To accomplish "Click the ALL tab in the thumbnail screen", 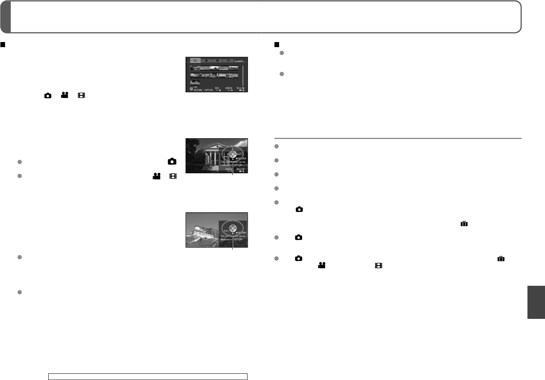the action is (195, 60).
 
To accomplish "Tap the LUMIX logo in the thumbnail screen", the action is (239, 61).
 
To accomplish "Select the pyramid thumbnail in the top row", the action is (214, 68).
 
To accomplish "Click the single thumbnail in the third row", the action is (195, 83).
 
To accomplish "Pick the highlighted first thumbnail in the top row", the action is (195, 68).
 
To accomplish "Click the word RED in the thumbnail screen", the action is (217, 88).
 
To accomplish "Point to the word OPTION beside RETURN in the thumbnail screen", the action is (209, 90).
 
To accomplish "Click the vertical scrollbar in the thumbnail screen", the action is (243, 76).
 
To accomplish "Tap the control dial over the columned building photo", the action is (232, 154).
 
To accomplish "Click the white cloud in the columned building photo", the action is (239, 143).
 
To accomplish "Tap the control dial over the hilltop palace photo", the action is (232, 228).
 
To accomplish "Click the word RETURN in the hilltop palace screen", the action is (242, 233).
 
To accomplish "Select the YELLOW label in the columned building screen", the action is (240, 169).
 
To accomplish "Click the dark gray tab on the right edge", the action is (536, 302).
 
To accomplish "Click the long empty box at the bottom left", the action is (148, 376).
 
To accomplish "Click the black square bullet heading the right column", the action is (277, 45).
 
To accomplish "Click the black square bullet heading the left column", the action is (3, 45).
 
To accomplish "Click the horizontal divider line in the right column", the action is (398, 138).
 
